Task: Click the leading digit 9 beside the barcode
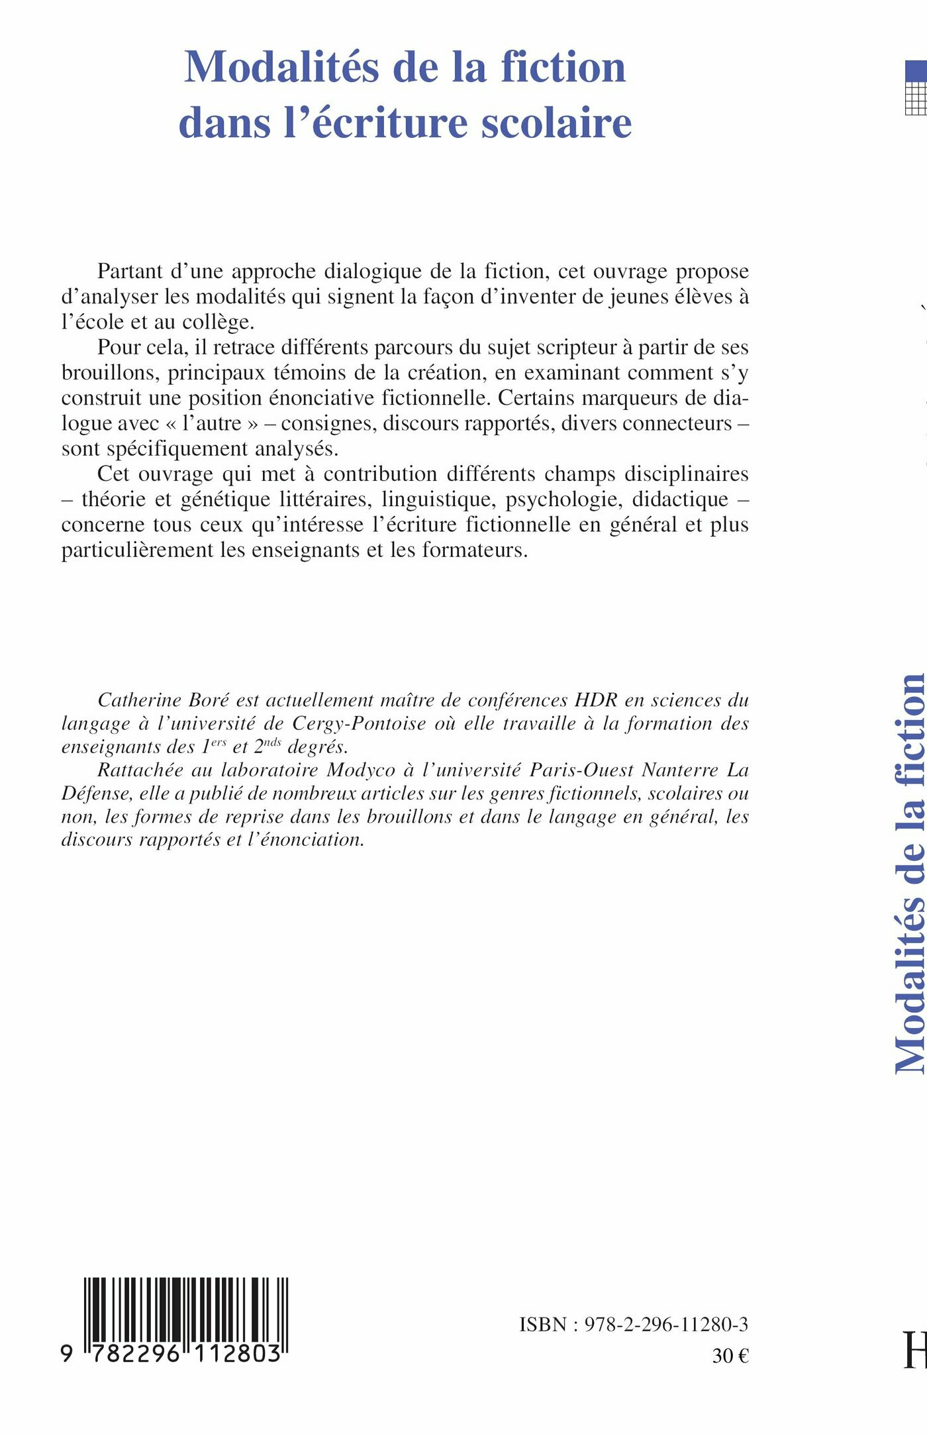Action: point(66,1354)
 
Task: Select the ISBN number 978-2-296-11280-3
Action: point(666,1324)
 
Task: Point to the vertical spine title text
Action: point(910,874)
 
